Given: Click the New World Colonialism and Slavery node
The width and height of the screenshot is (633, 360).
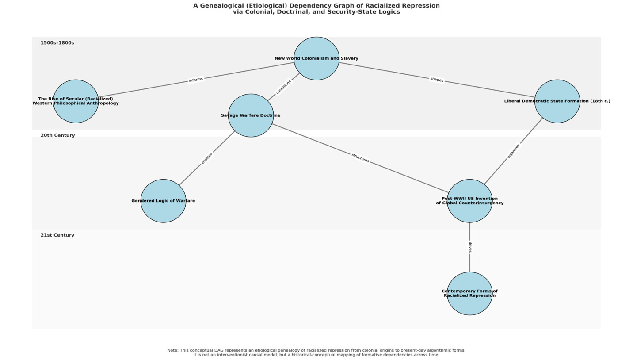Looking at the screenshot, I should point(316,58).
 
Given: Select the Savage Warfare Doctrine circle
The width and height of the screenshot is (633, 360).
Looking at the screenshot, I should point(251,115).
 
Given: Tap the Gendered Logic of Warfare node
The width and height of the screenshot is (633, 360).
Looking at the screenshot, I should point(163,201).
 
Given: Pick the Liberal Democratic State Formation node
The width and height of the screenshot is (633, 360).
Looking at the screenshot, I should point(557,101).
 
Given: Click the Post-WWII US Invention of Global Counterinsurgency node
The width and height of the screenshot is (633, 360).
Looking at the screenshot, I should point(469,201).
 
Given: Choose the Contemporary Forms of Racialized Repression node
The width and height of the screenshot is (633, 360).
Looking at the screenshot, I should point(469,294).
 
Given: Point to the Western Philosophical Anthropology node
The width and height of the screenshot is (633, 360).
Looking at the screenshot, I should point(76,101).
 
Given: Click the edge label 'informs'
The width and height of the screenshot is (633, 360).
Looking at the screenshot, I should point(196,80).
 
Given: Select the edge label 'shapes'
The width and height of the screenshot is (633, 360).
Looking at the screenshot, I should point(437,80).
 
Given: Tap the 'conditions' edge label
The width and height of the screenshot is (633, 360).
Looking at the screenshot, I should point(283,87).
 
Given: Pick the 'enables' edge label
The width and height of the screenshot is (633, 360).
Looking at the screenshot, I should point(206,158).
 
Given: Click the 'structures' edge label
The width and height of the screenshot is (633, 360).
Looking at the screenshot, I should point(360,158).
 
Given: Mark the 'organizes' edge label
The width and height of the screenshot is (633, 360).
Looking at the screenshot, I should point(513,151).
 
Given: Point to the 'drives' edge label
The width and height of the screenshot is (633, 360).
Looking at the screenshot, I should point(470,247).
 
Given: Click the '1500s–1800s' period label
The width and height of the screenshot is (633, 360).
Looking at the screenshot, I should point(57,43).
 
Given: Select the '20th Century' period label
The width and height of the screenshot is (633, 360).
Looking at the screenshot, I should point(57,135).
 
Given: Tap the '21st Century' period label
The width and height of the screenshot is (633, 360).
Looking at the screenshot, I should point(57,235).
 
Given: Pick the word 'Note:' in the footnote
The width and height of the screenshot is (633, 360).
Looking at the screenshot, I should point(172,350).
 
